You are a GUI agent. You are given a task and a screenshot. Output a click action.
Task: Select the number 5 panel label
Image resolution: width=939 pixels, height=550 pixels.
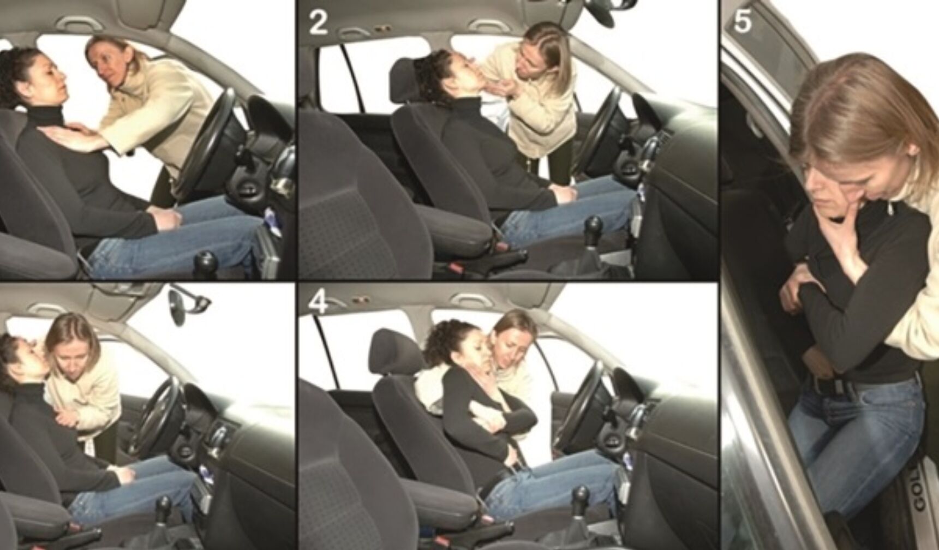[x=744, y=21]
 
